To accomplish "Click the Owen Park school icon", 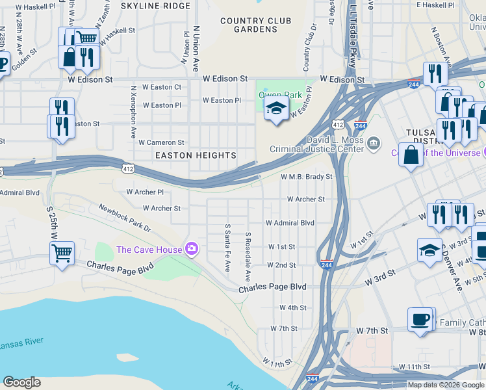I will click(276, 109).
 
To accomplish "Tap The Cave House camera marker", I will click(191, 249).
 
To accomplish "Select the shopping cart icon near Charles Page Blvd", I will click(62, 252).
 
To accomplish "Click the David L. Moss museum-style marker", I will click(374, 143).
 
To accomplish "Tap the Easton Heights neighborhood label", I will click(196, 155).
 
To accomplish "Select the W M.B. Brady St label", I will click(306, 177).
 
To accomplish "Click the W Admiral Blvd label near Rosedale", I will click(290, 222).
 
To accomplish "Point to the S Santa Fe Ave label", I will click(227, 248).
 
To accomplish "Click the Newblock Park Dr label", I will click(125, 218).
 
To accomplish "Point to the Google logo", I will click(22, 382).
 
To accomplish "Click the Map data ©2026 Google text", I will click(446, 385).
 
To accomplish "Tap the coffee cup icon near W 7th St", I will click(420, 319).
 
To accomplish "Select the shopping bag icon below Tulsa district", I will click(411, 155).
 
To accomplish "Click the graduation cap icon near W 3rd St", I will click(429, 250).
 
